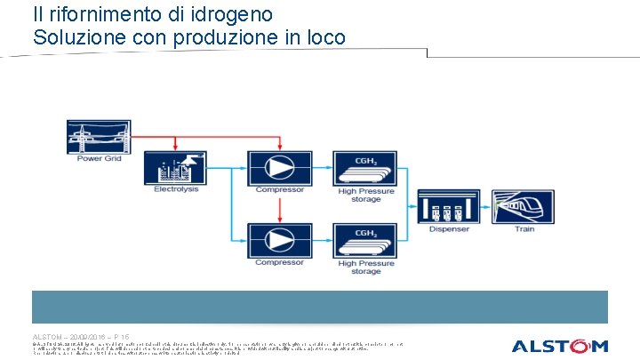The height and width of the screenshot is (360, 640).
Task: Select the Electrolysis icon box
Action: [x=174, y=168]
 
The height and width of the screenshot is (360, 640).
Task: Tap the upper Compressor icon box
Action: [x=279, y=168]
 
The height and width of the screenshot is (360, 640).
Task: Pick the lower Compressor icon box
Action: [x=279, y=240]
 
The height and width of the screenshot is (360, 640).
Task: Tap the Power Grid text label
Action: [x=99, y=159]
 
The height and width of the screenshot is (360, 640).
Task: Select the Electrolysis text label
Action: [x=174, y=189]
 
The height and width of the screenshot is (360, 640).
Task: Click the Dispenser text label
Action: [x=448, y=229]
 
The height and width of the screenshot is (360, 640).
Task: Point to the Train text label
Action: [x=524, y=229]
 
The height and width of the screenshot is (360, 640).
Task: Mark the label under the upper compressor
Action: [x=279, y=189]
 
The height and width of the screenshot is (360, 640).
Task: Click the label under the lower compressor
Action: [x=279, y=262]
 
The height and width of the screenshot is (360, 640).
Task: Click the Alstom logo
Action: [x=559, y=346]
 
